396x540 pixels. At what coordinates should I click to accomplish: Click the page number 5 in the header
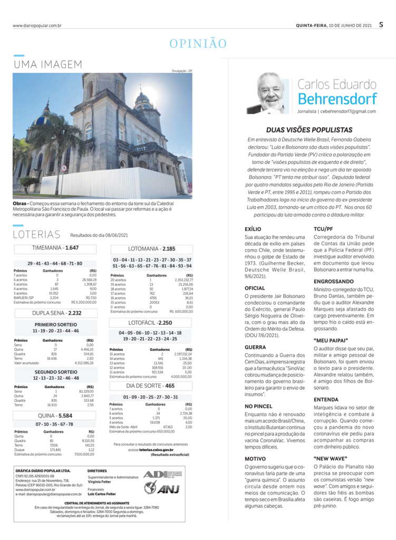[x=381, y=24]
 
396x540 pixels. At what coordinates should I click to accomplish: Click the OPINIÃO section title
[x=198, y=44]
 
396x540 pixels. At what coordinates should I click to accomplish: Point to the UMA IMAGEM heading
[x=48, y=65]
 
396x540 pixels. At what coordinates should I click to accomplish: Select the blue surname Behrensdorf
[x=337, y=99]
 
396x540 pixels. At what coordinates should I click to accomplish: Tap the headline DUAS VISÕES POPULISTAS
[x=309, y=129]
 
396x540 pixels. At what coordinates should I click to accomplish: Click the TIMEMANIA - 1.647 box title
[x=55, y=247]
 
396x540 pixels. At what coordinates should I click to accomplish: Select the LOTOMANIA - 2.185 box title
[x=152, y=248]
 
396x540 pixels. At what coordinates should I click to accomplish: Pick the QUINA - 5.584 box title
[x=55, y=416]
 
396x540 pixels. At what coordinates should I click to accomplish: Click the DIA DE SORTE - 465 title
[x=151, y=385]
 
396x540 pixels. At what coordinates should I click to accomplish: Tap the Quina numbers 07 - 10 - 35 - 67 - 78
[x=54, y=425]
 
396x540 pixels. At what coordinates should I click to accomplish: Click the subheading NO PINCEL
[x=258, y=407]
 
